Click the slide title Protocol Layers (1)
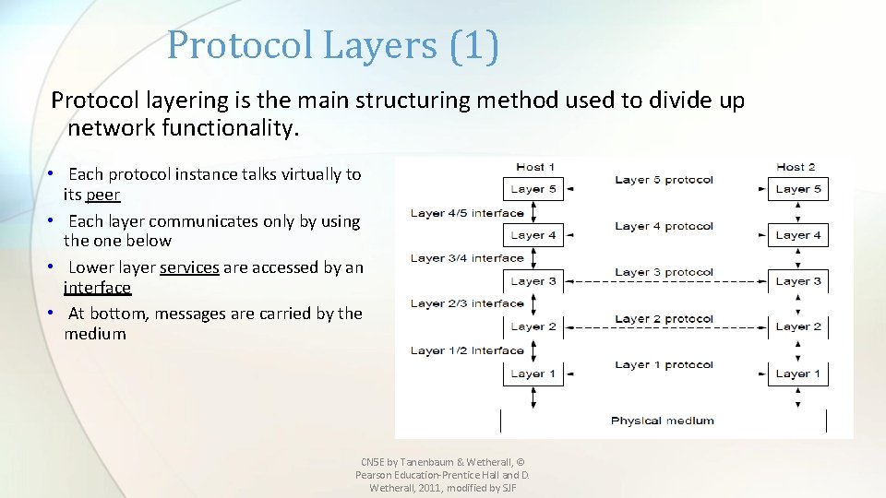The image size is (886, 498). pyautogui.click(x=333, y=45)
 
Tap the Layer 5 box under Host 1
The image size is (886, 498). pyautogui.click(x=533, y=189)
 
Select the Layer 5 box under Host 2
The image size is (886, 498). pyautogui.click(x=797, y=189)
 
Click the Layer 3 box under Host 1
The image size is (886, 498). pyautogui.click(x=533, y=281)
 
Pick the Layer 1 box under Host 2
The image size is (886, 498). pyautogui.click(x=797, y=373)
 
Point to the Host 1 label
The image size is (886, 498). pyautogui.click(x=535, y=167)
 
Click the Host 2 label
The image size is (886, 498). pyautogui.click(x=796, y=167)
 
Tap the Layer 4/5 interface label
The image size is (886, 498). pyautogui.click(x=467, y=213)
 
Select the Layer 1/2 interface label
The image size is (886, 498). pyautogui.click(x=467, y=350)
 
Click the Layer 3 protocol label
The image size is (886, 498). pyautogui.click(x=664, y=272)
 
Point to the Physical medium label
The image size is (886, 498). pyautogui.click(x=663, y=421)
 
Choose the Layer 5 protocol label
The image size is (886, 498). pyautogui.click(x=664, y=180)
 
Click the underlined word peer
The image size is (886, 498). pyautogui.click(x=102, y=195)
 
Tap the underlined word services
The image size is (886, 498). pyautogui.click(x=189, y=267)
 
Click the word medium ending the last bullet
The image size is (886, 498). pyautogui.click(x=95, y=334)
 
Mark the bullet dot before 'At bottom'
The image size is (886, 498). pyautogui.click(x=54, y=314)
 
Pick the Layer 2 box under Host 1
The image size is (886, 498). pyautogui.click(x=533, y=326)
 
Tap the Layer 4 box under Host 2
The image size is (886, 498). pyautogui.click(x=797, y=235)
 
